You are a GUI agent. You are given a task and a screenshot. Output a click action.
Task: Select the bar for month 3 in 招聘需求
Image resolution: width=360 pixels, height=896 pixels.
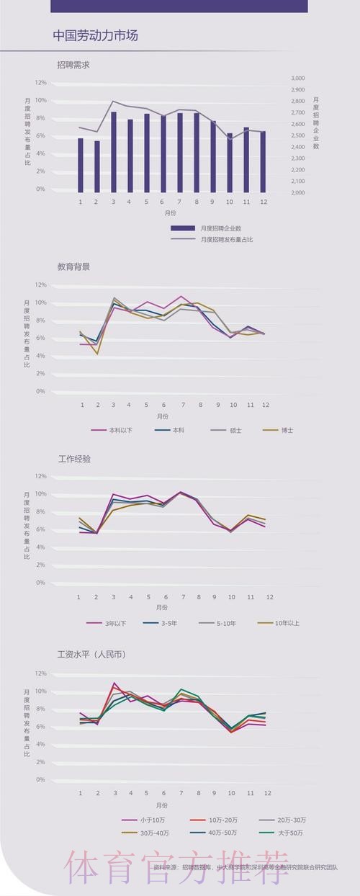(114, 151)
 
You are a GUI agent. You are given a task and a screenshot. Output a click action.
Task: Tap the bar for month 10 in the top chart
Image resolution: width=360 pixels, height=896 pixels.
(230, 162)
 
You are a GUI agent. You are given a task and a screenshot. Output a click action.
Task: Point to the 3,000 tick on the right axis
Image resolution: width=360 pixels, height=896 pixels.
(298, 78)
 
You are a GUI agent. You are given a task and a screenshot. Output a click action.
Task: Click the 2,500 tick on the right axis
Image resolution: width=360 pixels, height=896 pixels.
(298, 135)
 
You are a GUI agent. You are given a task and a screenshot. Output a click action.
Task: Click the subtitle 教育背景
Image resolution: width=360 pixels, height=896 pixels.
(73, 266)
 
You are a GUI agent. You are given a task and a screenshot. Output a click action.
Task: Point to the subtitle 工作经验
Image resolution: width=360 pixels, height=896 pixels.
(73, 458)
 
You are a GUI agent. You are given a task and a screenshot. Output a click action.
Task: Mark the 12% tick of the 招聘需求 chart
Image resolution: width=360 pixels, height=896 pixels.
(40, 82)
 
